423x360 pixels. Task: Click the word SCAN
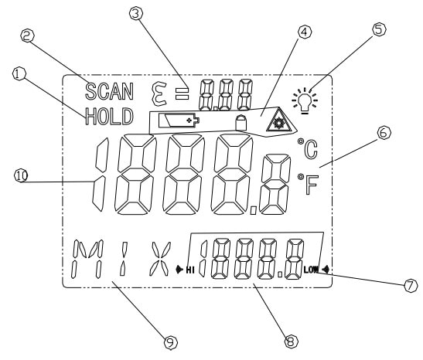pyautogui.click(x=109, y=91)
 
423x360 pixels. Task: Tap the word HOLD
pyautogui.click(x=109, y=117)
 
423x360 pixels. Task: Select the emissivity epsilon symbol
pyautogui.click(x=159, y=94)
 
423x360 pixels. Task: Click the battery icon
pyautogui.click(x=179, y=120)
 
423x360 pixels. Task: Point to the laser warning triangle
pyautogui.click(x=278, y=121)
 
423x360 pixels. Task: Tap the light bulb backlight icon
pyautogui.click(x=305, y=100)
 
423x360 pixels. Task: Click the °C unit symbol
pyautogui.click(x=308, y=148)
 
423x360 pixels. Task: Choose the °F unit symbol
pyautogui.click(x=308, y=184)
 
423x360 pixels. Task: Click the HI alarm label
pyautogui.click(x=190, y=270)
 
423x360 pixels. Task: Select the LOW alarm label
pyautogui.click(x=311, y=269)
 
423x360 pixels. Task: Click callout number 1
pyautogui.click(x=19, y=74)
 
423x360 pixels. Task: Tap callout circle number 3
pyautogui.click(x=136, y=13)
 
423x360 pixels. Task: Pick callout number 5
pyautogui.click(x=379, y=29)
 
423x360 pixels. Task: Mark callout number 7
pyautogui.click(x=411, y=285)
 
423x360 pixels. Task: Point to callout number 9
pyautogui.click(x=171, y=343)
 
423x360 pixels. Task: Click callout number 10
pyautogui.click(x=21, y=175)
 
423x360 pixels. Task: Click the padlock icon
pyautogui.click(x=241, y=123)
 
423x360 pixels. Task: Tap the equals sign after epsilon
pyautogui.click(x=182, y=93)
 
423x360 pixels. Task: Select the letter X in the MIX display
pyautogui.click(x=160, y=259)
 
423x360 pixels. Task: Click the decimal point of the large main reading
pyautogui.click(x=254, y=210)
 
